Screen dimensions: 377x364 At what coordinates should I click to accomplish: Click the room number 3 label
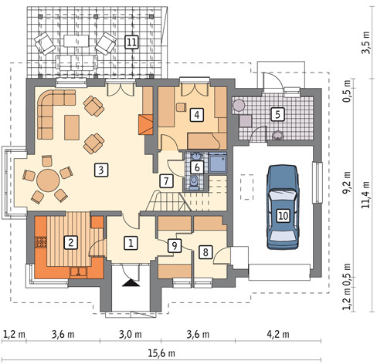(101, 170)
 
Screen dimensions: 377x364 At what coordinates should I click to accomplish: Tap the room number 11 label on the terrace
(131, 42)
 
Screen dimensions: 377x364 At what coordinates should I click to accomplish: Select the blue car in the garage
(284, 207)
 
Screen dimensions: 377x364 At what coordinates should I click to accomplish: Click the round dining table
(48, 180)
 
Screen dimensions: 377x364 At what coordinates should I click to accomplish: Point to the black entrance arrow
(131, 283)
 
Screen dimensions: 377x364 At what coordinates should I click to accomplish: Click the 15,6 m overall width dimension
(161, 353)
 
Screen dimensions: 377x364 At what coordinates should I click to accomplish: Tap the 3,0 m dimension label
(131, 335)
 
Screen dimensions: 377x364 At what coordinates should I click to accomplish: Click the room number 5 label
(277, 114)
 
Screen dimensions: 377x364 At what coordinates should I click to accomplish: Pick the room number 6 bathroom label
(197, 167)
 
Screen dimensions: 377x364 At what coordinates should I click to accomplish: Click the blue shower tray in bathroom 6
(218, 163)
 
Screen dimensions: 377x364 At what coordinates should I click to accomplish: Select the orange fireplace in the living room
(146, 124)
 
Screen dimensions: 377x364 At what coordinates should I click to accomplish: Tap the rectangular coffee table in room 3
(72, 127)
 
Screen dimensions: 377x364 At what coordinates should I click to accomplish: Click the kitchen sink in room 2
(79, 271)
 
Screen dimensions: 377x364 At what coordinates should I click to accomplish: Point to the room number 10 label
(284, 215)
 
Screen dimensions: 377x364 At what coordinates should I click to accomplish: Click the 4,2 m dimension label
(278, 335)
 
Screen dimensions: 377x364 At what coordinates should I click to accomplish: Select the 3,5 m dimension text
(365, 42)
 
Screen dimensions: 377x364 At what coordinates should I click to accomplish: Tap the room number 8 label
(205, 251)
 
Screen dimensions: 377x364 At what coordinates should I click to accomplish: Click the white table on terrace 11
(76, 41)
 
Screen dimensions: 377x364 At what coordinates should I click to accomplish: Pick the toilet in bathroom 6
(194, 183)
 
